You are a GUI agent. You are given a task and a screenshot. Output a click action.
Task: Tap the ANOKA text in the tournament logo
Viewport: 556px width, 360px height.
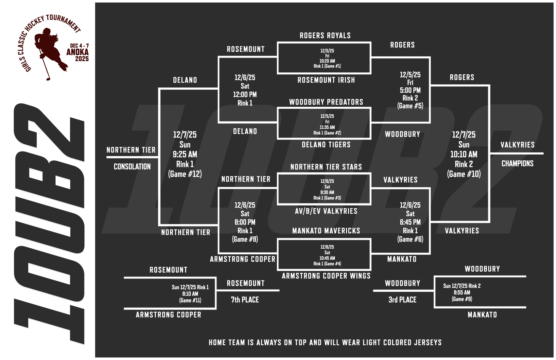(x=78, y=52)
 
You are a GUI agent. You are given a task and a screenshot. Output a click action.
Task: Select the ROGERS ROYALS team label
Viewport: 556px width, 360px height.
(x=325, y=36)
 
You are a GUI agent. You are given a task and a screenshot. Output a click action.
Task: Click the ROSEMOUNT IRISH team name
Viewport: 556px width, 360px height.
(x=326, y=80)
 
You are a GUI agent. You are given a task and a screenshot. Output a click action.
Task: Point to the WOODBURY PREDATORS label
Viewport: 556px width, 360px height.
(x=326, y=102)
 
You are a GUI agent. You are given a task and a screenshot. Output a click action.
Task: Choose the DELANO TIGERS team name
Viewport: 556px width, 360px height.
(x=326, y=145)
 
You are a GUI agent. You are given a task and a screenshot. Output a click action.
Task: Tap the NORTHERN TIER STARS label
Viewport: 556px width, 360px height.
(x=326, y=167)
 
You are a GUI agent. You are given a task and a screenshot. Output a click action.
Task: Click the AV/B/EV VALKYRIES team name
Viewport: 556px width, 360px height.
(x=326, y=211)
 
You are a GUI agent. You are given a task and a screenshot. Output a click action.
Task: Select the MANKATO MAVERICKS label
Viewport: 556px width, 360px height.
(x=326, y=231)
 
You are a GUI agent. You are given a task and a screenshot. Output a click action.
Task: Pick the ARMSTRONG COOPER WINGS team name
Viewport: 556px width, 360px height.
(x=326, y=276)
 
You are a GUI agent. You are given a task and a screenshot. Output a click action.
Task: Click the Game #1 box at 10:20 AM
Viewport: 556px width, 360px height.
(x=327, y=58)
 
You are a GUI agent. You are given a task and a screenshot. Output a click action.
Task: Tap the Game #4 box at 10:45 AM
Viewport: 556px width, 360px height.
(x=327, y=255)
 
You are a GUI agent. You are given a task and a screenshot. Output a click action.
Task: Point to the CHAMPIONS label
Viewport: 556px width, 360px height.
(x=517, y=164)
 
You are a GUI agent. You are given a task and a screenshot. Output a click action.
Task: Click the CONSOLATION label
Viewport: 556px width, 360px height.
(x=132, y=167)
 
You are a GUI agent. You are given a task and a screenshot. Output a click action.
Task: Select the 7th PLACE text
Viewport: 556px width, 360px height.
(x=245, y=300)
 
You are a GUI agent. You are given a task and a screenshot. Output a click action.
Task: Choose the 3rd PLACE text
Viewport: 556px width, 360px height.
(x=402, y=300)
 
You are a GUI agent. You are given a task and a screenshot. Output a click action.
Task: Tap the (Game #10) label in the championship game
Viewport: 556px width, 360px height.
(x=464, y=174)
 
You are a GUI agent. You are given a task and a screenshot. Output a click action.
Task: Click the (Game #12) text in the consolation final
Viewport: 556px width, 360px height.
(x=185, y=174)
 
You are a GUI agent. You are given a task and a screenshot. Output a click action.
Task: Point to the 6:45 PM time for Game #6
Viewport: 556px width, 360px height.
(x=410, y=222)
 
